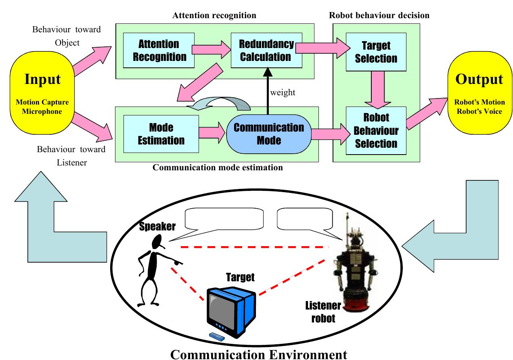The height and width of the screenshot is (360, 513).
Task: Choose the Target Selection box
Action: tap(376, 52)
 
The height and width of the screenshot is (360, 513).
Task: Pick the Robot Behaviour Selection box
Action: tap(376, 130)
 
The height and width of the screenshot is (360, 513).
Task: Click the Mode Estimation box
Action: tap(161, 134)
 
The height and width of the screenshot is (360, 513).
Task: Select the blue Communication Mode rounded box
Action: tap(268, 134)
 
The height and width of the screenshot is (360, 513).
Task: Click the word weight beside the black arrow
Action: tap(283, 92)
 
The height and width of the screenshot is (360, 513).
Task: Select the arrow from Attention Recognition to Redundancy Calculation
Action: tap(210, 49)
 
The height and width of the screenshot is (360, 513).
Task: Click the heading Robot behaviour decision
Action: tap(379, 15)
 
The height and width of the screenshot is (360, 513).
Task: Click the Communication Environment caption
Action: tap(258, 354)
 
